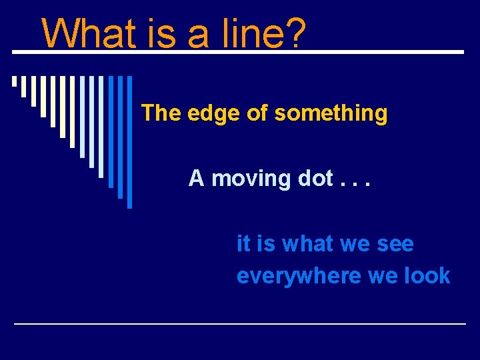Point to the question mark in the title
click(x=295, y=33)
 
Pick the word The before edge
click(x=161, y=113)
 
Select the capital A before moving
click(x=196, y=179)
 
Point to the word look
click(x=427, y=276)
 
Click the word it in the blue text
click(x=243, y=244)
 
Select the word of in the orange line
click(x=257, y=113)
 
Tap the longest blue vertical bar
click(x=129, y=141)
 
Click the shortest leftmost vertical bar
click(x=14, y=82)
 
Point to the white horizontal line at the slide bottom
click(x=240, y=323)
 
